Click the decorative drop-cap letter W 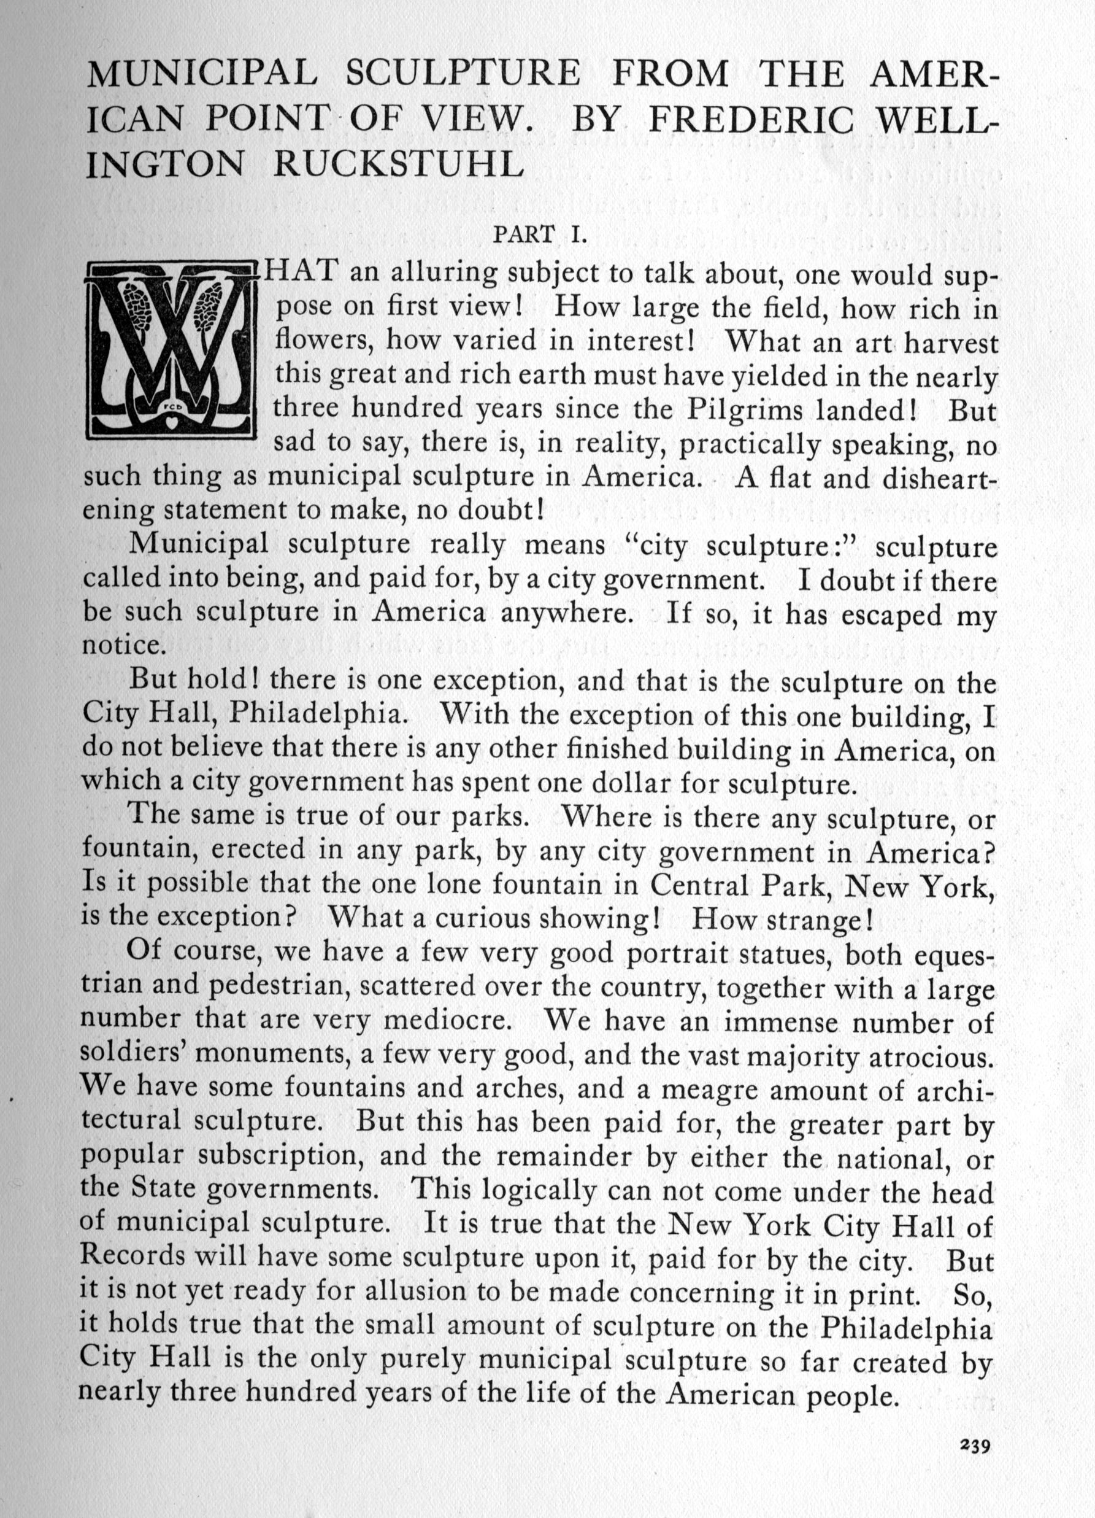pyautogui.click(x=172, y=351)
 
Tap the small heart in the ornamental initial pyautogui.click(x=172, y=423)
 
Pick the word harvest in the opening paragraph pyautogui.click(x=950, y=343)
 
